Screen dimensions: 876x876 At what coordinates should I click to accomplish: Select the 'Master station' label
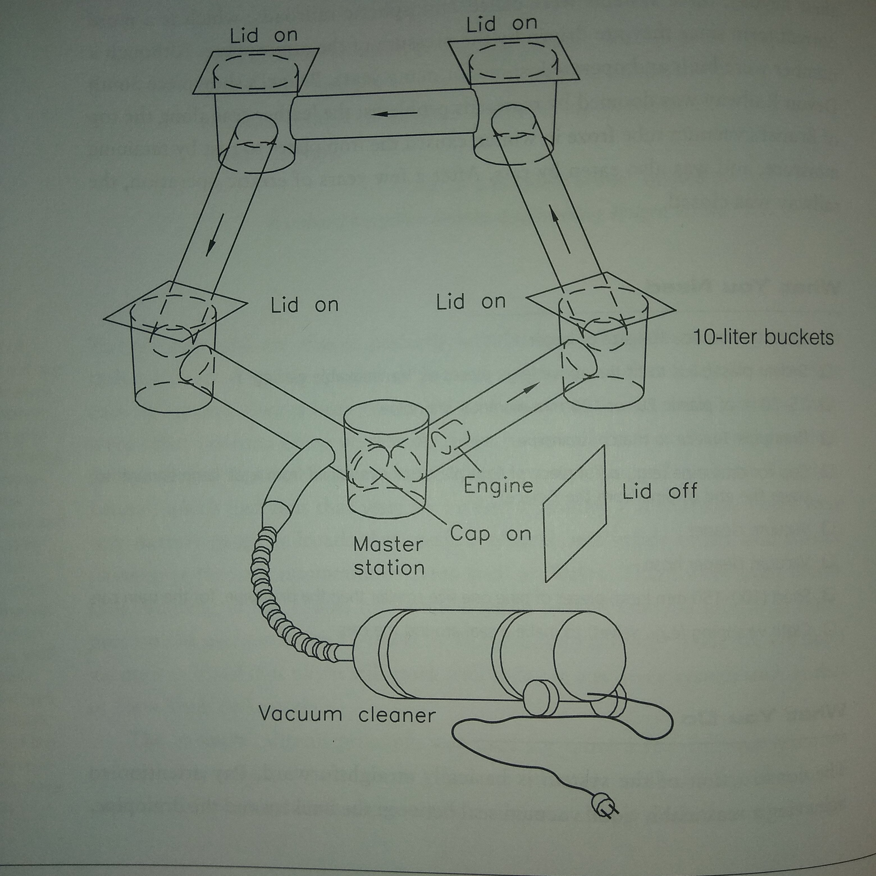[x=389, y=556]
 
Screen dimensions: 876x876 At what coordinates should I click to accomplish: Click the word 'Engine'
[x=498, y=486]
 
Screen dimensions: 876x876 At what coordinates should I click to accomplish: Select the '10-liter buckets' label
[x=763, y=338]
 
